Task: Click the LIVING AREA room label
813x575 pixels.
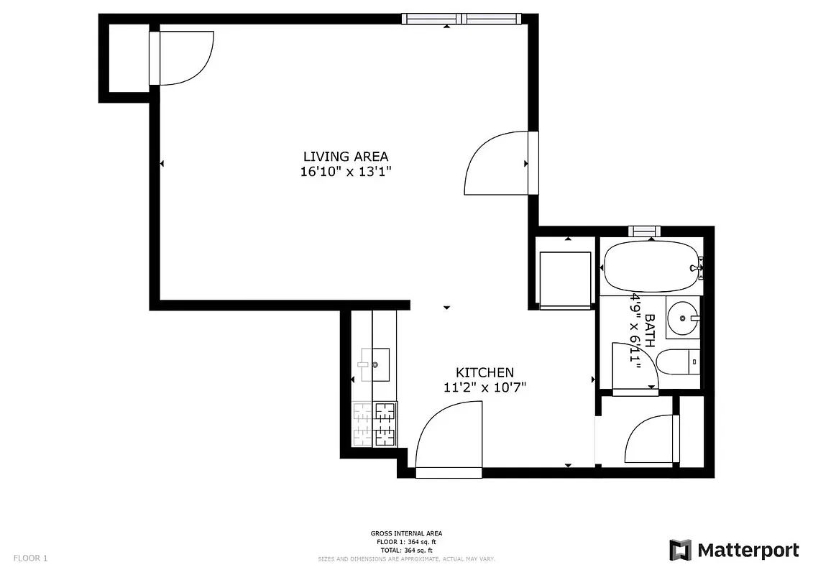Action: (345, 156)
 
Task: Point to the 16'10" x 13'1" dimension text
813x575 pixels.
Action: (345, 172)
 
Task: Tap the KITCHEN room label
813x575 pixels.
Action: (484, 372)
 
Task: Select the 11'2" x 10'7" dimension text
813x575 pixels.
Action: (484, 388)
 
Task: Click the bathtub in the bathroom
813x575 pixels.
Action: (651, 267)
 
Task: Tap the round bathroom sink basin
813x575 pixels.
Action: (681, 316)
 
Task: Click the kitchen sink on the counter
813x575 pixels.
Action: (375, 364)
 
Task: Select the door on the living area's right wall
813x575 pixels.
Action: (500, 163)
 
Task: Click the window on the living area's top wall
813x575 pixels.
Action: (460, 19)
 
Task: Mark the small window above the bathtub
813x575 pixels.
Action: (645, 231)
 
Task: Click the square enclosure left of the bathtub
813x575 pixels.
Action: (565, 279)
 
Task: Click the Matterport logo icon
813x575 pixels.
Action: (680, 551)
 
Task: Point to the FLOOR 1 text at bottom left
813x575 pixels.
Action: (30, 558)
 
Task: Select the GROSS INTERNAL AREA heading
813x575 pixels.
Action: (406, 533)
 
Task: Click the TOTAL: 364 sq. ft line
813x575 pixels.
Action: (406, 550)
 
